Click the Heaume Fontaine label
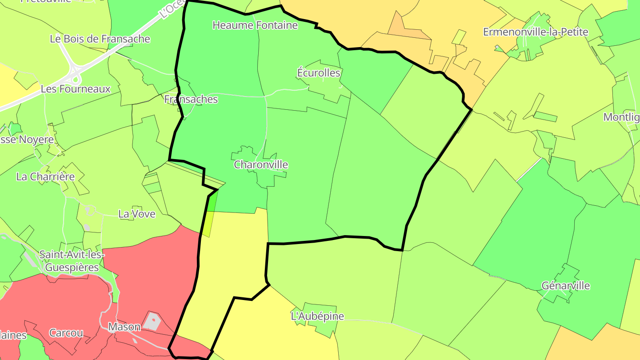[x=255, y=25]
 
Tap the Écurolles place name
[x=319, y=73]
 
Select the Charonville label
[x=261, y=165]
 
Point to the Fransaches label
[x=191, y=99]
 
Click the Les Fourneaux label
[x=76, y=89]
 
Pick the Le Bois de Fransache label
[x=100, y=39]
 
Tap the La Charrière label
[x=45, y=177]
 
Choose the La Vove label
[x=137, y=214]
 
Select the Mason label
[x=124, y=327]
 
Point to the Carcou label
[x=66, y=333]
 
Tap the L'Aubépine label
[x=317, y=316]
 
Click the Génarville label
[x=566, y=286]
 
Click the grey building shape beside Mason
[x=152, y=320]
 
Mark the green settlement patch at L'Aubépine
[x=322, y=327]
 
